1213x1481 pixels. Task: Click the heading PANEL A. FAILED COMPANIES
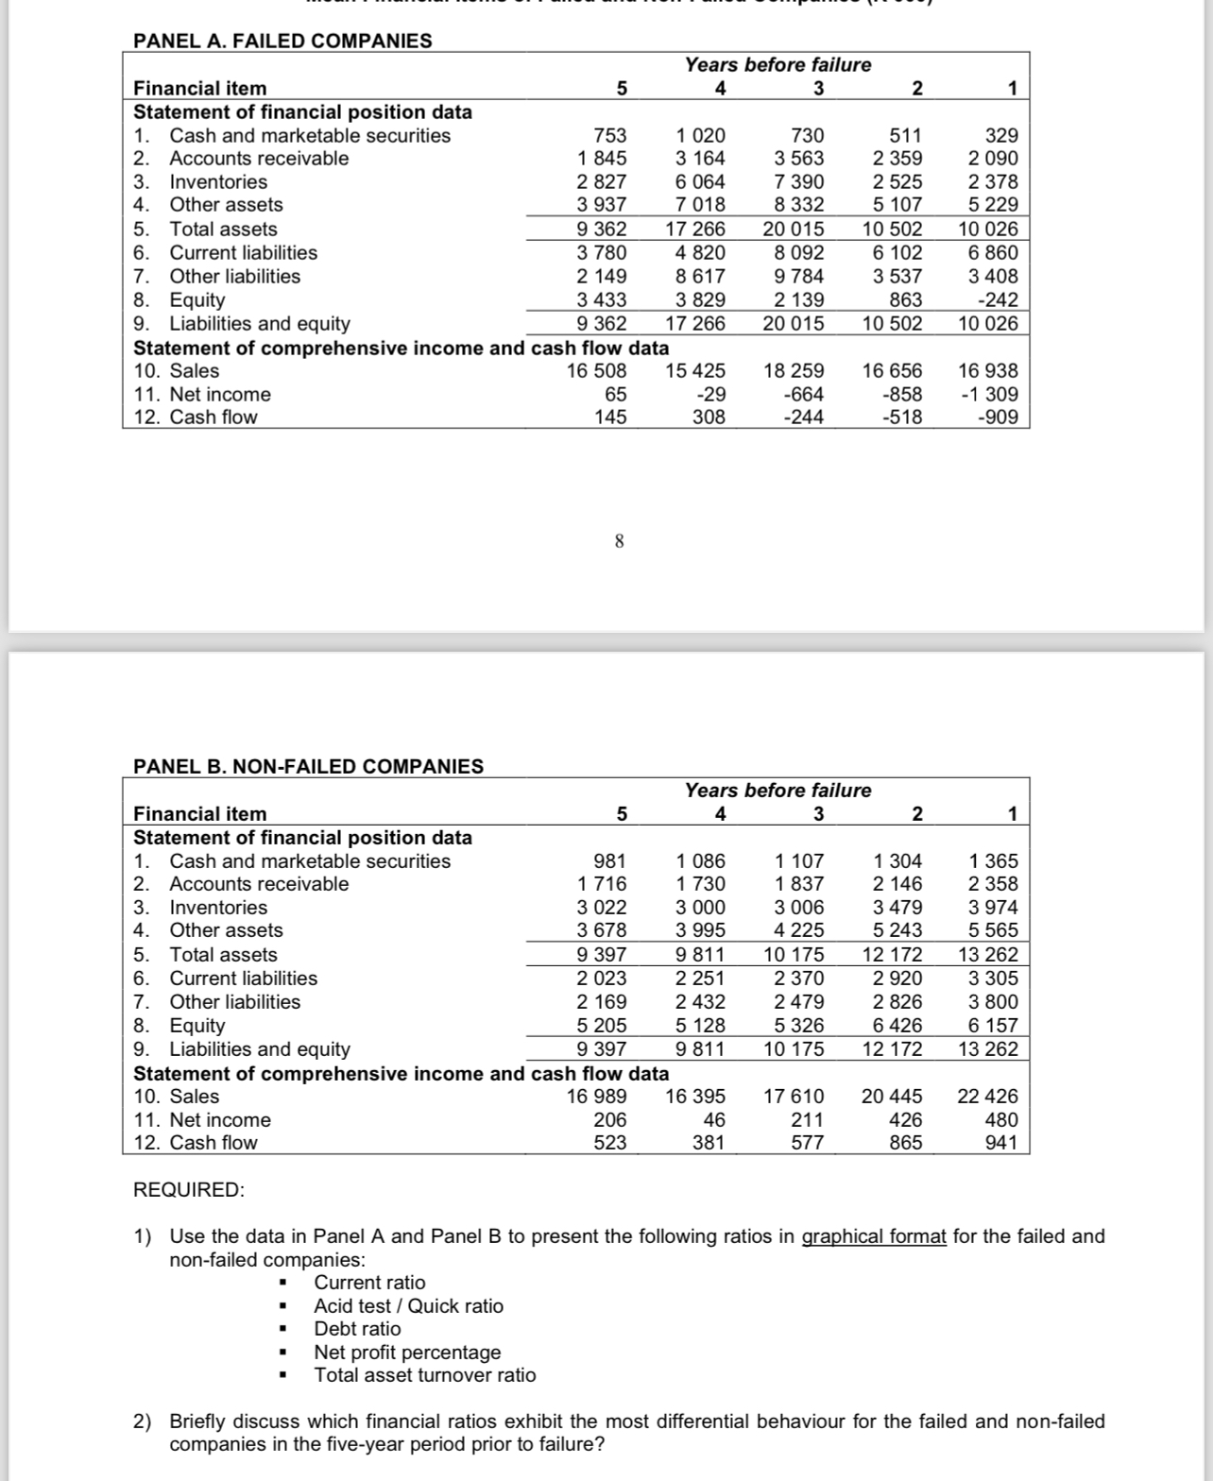[282, 41]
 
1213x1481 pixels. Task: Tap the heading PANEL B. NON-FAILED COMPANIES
[308, 766]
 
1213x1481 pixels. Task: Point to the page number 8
[619, 541]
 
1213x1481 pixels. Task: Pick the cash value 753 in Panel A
[609, 135]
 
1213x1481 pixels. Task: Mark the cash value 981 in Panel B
[609, 860]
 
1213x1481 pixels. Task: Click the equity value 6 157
[994, 1025]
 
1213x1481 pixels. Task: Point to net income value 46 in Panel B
[714, 1119]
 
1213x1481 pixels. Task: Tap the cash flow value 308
[709, 417]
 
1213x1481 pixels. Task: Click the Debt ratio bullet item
[357, 1328]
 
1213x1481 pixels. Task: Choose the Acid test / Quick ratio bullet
[408, 1305]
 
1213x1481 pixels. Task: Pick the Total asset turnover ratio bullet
[424, 1374]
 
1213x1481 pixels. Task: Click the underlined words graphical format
[874, 1236]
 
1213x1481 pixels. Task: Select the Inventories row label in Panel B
[218, 907]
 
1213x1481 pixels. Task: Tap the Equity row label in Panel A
[197, 299]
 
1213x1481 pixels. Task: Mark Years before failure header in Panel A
[777, 64]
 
